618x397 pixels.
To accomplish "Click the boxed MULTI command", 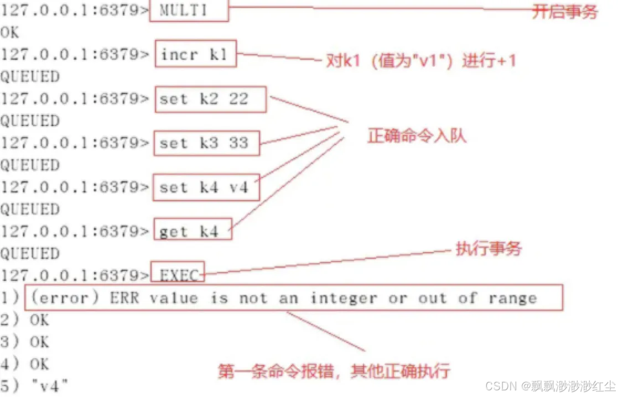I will click(189, 11).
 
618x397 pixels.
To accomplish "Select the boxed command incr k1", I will click(196, 54).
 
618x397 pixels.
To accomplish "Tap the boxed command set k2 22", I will click(210, 99).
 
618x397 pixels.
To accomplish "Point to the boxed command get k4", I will click(192, 231).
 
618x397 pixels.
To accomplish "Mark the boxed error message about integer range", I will click(293, 299).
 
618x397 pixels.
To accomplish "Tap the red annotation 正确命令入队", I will click(417, 135).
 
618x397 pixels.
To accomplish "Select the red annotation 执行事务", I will click(488, 248).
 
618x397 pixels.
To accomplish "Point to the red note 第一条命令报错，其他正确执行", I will click(334, 370).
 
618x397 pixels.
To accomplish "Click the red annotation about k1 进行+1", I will click(420, 60).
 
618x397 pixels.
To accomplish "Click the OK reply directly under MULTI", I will click(10, 33).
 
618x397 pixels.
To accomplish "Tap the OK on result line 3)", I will click(39, 342).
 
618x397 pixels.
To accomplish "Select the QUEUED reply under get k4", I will click(30, 253).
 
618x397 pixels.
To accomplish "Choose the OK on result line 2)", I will click(39, 320).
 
